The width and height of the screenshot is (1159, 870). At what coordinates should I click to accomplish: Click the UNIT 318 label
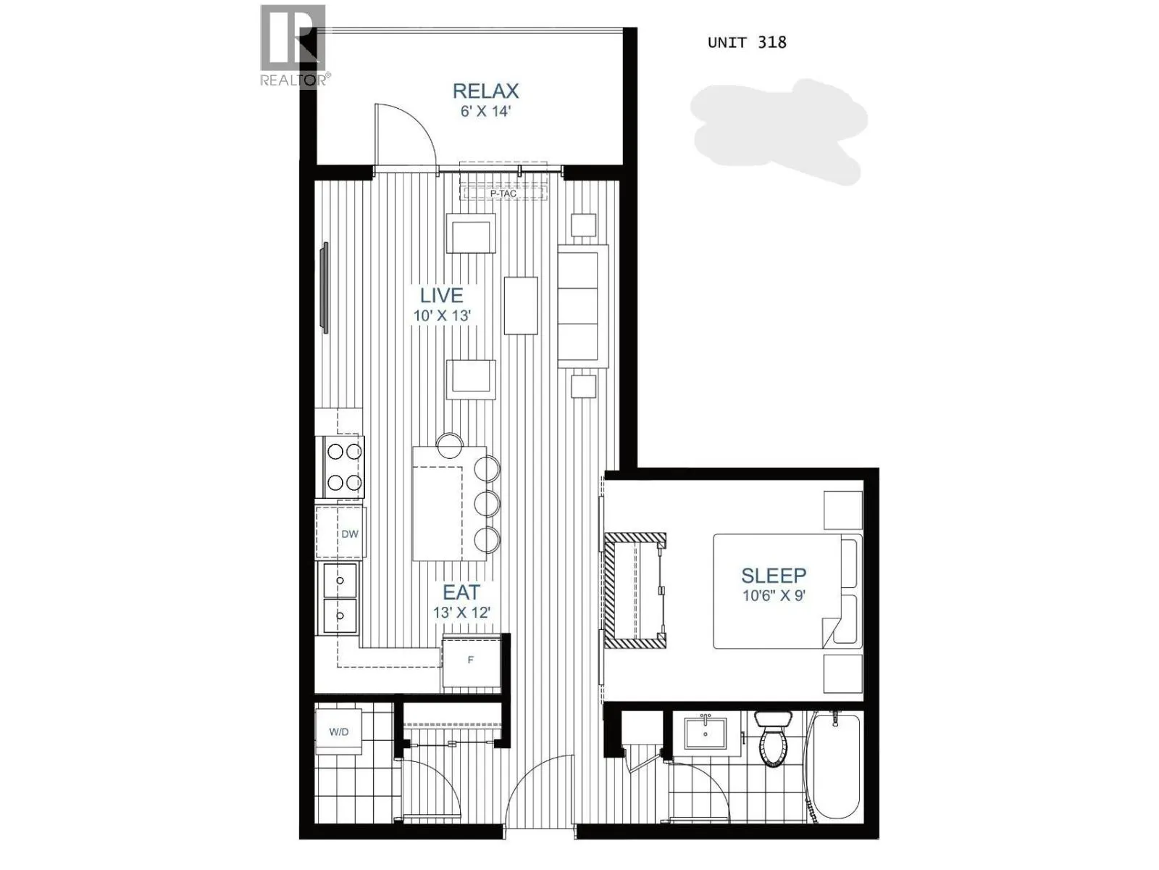[746, 42]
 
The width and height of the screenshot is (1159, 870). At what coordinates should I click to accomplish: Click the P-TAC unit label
[503, 194]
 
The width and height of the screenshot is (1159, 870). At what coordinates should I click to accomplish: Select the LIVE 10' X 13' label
[442, 304]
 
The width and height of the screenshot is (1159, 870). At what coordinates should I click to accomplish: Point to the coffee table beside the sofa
[521, 305]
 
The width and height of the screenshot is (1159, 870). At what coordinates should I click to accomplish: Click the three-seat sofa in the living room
[582, 305]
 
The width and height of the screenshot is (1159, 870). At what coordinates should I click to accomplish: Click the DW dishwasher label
[350, 534]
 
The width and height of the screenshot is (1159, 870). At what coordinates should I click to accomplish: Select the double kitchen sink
[340, 599]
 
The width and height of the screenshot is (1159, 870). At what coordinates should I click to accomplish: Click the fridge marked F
[471, 660]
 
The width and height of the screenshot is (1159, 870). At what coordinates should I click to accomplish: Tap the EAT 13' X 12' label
[461, 602]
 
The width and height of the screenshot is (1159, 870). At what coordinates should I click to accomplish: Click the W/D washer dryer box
[339, 732]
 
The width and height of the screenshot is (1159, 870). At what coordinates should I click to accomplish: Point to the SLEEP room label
[774, 584]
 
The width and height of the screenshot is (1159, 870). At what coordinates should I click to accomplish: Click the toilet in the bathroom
[773, 739]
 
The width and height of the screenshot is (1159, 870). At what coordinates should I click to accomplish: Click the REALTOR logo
[293, 45]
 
